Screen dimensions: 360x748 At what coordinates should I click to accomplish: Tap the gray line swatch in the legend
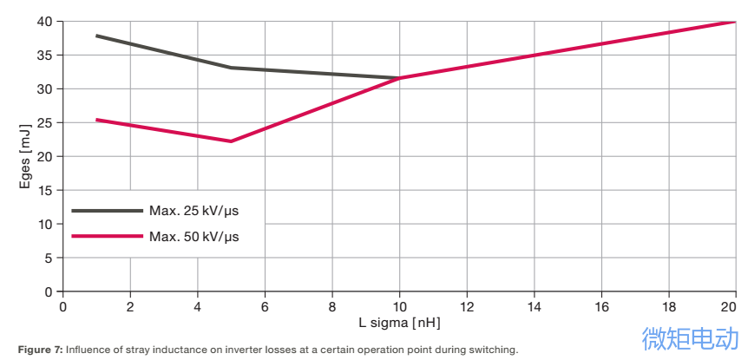[107, 210]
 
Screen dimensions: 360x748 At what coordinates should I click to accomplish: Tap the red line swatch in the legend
[107, 236]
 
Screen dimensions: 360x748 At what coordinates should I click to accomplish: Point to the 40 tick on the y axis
[44, 21]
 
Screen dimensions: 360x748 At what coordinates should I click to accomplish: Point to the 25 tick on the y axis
[44, 122]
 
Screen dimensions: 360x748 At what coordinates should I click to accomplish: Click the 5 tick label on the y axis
[49, 258]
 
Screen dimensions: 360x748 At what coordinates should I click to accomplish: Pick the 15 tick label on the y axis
[44, 190]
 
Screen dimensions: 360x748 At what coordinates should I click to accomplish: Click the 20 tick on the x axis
[729, 306]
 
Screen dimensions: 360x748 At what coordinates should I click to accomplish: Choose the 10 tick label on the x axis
[399, 306]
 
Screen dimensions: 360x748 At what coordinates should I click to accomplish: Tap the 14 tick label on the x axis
[534, 306]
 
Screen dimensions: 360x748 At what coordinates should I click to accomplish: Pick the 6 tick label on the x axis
[265, 306]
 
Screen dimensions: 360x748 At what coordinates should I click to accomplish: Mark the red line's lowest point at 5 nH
[231, 141]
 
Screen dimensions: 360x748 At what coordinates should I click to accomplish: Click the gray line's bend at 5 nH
[231, 68]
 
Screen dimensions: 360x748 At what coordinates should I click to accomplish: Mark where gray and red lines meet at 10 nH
[399, 78]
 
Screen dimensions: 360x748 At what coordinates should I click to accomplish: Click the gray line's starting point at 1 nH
[96, 36]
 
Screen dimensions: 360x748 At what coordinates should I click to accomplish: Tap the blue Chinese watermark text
[690, 338]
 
